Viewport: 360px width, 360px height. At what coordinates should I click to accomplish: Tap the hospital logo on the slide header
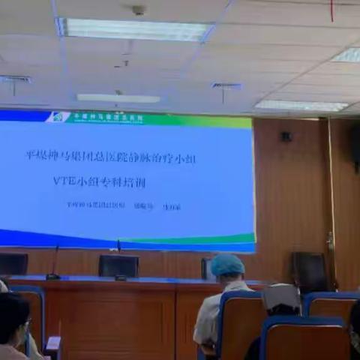(58, 117)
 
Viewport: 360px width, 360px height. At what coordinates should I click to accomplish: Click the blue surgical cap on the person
(227, 265)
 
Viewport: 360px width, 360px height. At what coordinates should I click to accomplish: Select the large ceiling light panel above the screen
(134, 28)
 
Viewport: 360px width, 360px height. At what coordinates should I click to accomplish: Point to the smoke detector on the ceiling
(138, 10)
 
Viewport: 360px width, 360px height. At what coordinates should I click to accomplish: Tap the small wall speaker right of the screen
(286, 136)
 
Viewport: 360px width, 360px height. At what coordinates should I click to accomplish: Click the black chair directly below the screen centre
(118, 265)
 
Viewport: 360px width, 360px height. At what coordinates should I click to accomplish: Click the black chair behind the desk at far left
(13, 263)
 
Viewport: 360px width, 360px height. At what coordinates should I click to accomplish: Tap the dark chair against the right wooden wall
(310, 271)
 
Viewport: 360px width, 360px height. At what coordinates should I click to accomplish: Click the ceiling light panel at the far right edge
(348, 55)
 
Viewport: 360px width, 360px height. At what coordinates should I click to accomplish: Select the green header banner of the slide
(150, 118)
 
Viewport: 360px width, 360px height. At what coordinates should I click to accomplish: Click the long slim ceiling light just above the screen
(118, 98)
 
